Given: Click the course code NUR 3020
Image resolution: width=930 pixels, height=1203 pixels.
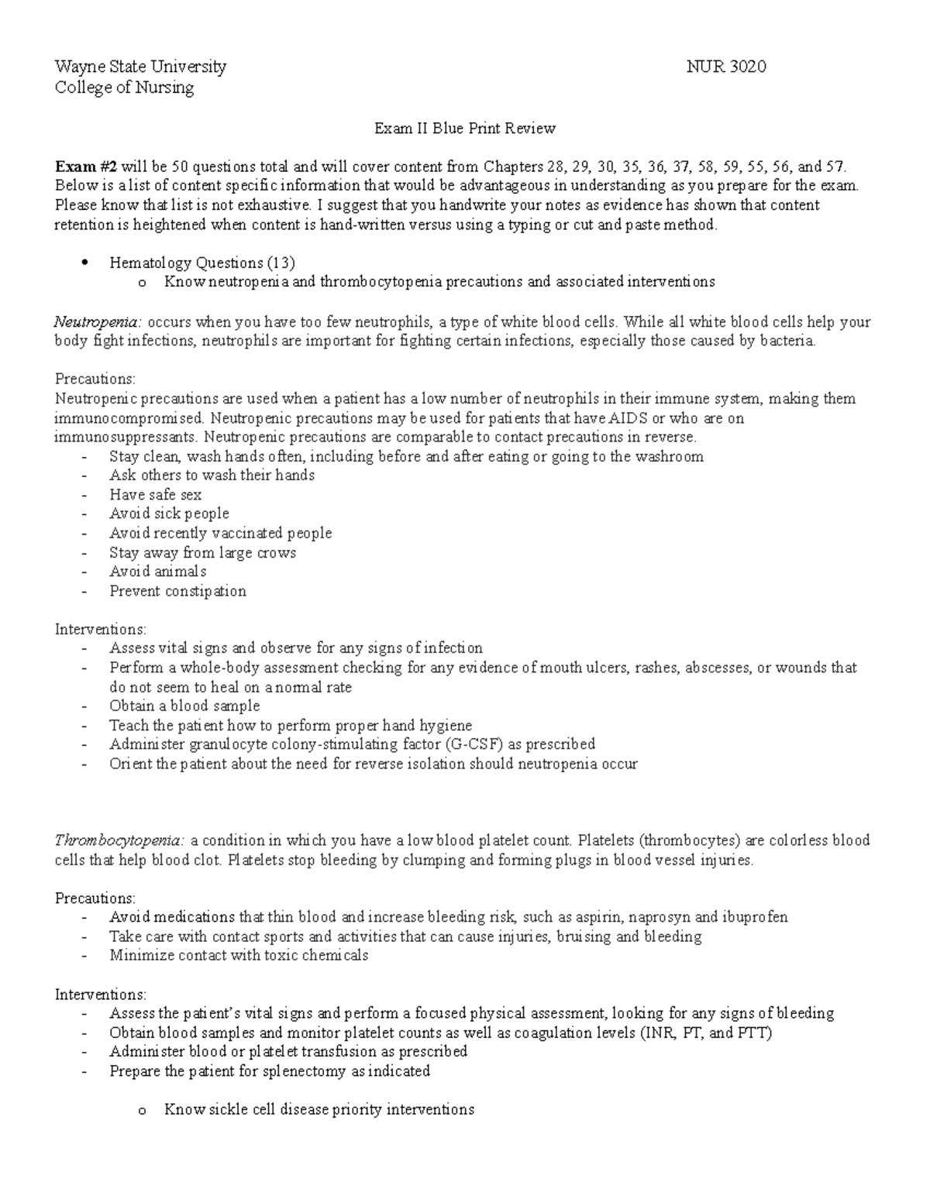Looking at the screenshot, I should tap(726, 67).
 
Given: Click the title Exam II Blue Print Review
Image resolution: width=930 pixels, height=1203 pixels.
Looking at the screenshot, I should tap(465, 129).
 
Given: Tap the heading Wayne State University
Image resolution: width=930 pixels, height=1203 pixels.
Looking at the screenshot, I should tap(140, 67).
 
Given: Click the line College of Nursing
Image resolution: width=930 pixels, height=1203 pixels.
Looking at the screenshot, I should tap(124, 88).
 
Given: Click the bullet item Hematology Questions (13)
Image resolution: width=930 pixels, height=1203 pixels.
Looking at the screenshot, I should tap(202, 263).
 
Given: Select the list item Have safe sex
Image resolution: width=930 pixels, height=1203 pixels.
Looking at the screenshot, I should tap(155, 495).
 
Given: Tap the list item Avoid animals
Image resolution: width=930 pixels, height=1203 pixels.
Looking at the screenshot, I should tap(157, 572).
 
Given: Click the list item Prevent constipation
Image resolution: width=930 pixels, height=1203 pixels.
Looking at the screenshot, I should tap(177, 591).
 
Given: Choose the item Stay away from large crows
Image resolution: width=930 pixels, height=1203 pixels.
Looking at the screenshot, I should tap(202, 553).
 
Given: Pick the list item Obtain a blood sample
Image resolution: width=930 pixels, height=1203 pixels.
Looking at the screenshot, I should tap(184, 706).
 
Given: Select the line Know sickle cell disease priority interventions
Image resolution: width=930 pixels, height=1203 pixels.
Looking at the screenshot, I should tap(319, 1110).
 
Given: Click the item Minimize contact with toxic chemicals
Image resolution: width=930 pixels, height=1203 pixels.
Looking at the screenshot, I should tap(239, 955).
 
